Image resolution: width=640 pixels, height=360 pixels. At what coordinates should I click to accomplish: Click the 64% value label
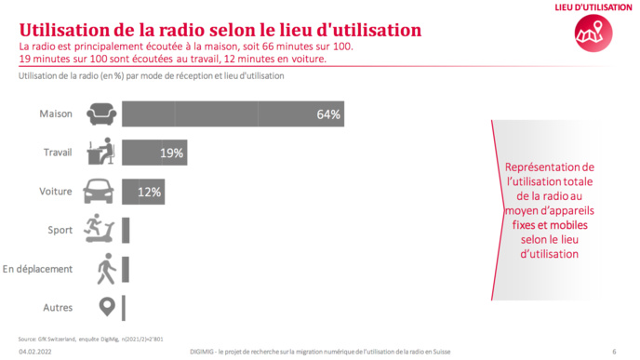point(328,115)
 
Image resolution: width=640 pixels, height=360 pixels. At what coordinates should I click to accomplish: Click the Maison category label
point(56,115)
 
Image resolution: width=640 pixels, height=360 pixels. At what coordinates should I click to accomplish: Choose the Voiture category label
point(55,193)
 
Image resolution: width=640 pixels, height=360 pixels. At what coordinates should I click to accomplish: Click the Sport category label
point(60,230)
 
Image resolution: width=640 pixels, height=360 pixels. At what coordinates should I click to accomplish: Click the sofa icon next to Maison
point(100,115)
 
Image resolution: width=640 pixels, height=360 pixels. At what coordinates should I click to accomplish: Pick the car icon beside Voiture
point(100,192)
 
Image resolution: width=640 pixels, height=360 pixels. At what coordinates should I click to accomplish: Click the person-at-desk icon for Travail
point(100,153)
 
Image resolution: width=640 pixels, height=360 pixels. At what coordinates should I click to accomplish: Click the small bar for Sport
point(126,231)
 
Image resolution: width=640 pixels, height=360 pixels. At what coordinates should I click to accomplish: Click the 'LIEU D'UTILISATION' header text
point(587,7)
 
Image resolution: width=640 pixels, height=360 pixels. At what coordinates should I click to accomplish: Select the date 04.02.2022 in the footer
point(35,352)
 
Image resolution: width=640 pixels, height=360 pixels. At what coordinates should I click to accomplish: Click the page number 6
point(614,352)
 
